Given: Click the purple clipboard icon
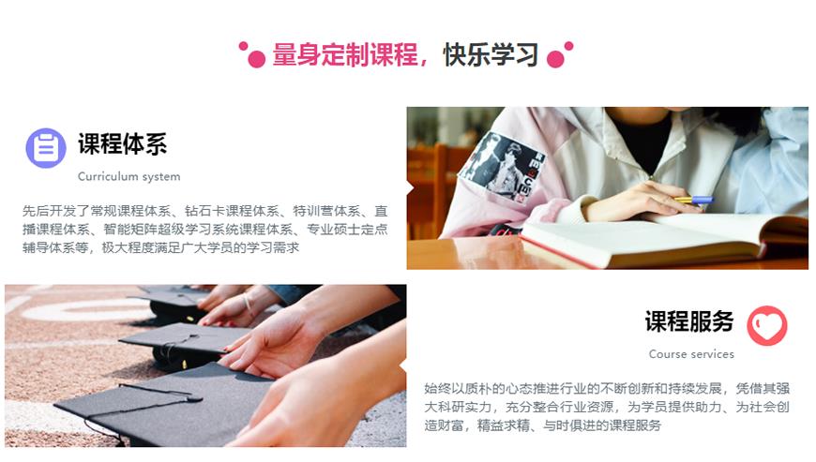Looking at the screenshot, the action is point(46,148).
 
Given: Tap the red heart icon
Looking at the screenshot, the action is point(766,326).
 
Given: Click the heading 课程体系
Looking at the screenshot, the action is point(122,144).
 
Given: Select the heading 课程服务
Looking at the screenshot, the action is point(689,321).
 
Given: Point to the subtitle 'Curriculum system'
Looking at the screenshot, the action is point(129,177).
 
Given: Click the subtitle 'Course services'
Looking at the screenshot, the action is point(691,354).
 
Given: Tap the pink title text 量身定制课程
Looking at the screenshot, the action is point(345,54).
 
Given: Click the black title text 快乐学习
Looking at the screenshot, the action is point(491,54).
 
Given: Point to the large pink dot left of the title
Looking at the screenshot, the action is point(257,59).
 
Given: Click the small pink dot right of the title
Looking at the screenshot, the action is point(568,46).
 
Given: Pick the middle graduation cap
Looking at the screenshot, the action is point(182,344).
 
